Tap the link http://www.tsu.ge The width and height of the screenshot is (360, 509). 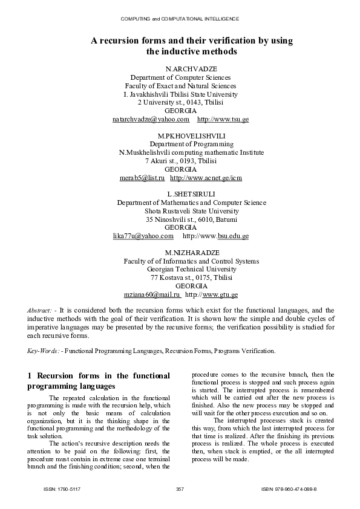223,120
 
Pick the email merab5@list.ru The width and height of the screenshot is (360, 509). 142,178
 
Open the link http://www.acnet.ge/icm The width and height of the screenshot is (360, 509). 206,178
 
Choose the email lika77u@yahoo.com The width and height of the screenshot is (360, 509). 143,236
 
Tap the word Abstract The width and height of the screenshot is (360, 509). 39,310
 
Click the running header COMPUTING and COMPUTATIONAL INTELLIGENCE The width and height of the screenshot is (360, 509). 180,19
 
